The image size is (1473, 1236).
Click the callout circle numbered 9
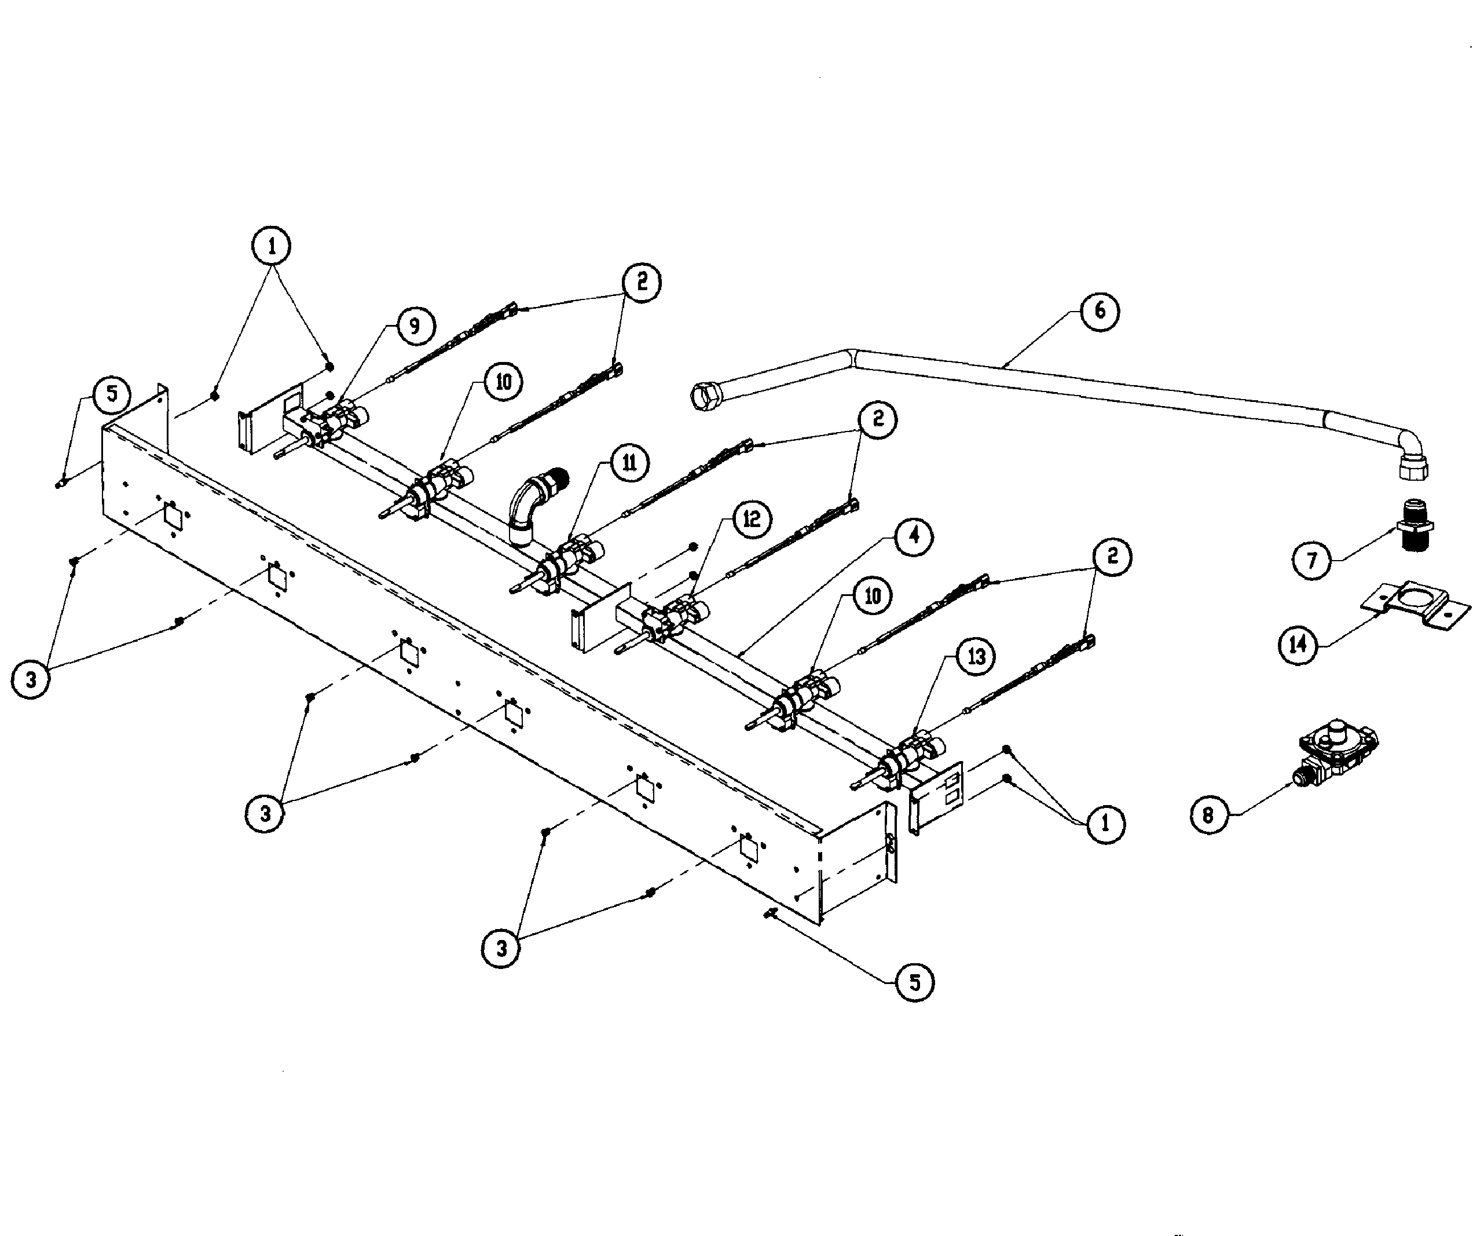(415, 326)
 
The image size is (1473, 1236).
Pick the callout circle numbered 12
(751, 519)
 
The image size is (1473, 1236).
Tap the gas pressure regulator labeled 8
(1337, 758)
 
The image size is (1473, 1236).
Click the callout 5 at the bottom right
(915, 983)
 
